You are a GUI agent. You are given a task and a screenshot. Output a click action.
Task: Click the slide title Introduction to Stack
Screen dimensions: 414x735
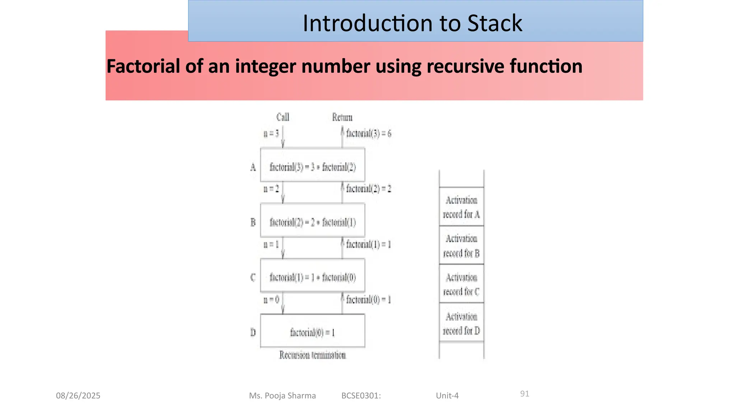tap(412, 23)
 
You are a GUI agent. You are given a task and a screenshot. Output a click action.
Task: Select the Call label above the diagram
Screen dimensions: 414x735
tap(283, 117)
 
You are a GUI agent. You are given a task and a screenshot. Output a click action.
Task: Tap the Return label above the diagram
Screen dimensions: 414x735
tap(342, 118)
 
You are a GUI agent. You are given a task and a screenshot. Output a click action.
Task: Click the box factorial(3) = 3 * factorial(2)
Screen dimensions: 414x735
tap(313, 167)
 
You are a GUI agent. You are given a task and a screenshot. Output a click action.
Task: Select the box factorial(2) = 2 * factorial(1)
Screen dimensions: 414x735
tap(313, 222)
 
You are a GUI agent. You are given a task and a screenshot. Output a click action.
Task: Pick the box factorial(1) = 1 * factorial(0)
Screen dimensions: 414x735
tap(313, 277)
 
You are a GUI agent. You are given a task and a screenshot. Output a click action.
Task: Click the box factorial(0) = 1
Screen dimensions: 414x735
tap(313, 332)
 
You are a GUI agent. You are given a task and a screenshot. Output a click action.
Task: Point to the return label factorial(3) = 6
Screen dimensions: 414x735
tap(369, 134)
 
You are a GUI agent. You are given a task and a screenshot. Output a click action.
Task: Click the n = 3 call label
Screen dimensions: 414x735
tap(271, 134)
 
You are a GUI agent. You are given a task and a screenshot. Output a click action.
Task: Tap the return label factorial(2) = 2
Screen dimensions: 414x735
tap(369, 189)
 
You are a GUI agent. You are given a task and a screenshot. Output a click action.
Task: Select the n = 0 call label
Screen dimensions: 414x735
tap(271, 300)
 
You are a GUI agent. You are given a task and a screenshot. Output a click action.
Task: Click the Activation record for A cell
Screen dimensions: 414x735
tap(462, 207)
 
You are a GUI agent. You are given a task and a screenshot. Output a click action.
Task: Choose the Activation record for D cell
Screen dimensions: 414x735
tap(462, 323)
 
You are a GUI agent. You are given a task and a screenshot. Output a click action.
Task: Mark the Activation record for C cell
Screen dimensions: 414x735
tap(462, 284)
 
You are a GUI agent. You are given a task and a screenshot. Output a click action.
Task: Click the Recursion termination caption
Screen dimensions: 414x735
tap(313, 355)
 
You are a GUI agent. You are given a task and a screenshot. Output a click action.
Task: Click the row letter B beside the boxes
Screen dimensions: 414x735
tap(253, 222)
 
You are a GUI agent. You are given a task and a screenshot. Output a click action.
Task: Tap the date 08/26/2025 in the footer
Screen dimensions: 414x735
tap(78, 396)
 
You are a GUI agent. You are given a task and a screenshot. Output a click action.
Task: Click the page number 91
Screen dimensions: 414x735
tap(525, 394)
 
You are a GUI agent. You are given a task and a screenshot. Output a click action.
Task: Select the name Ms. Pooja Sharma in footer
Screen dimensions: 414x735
tap(282, 396)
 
